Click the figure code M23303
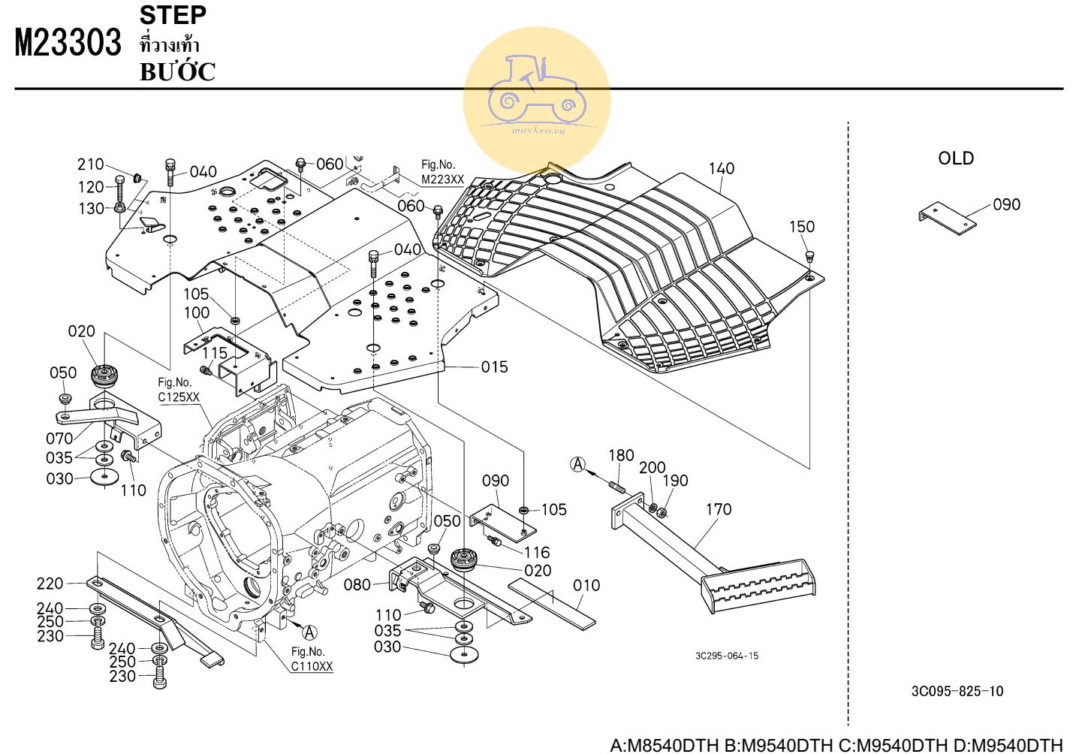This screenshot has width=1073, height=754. pos(68,42)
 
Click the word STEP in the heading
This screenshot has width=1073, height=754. pos(173,15)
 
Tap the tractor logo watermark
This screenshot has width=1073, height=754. pos(536,98)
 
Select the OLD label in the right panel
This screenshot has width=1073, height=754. pos(955,158)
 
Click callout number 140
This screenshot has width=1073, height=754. pos(721,169)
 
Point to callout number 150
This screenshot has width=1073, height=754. pos(801,227)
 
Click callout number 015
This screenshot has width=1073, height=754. pos(494,367)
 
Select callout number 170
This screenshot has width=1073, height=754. pos(718,510)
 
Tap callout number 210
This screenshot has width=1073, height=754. pos(90,164)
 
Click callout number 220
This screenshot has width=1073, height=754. pos(50,584)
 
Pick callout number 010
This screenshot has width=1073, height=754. pos(586,585)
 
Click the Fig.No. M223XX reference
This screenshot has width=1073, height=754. pos(442,173)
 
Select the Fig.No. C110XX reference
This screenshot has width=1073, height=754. pos(311,659)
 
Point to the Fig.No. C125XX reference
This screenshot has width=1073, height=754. pos(178,390)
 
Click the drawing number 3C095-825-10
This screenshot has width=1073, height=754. pos(957,691)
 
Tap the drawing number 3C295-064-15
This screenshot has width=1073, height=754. pos(726,656)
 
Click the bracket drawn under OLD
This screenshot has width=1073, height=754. pos(947,219)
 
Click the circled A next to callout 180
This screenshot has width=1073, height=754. pos(578,465)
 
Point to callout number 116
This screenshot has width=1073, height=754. pos(536,553)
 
